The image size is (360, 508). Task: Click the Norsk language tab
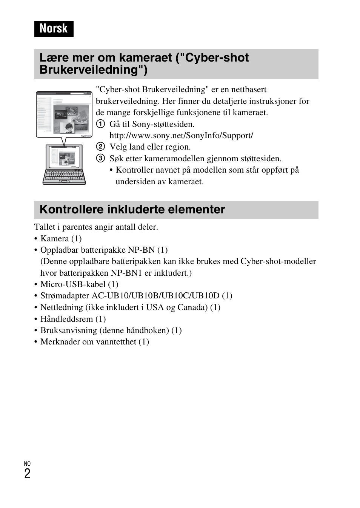(54, 29)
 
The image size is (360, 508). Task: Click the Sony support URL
(181, 136)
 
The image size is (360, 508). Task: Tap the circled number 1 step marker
(100, 124)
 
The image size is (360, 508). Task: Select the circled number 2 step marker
(100, 147)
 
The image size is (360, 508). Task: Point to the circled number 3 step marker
(100, 158)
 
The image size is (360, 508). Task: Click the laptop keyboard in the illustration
(64, 176)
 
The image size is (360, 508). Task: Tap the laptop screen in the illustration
(64, 157)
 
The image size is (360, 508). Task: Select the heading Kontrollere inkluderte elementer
(132, 210)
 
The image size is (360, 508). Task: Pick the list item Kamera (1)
(61, 239)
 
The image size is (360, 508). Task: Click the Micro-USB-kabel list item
(79, 284)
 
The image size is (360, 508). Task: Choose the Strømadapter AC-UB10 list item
(136, 296)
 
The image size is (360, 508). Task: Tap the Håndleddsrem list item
(73, 319)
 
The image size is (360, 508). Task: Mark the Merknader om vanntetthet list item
(94, 342)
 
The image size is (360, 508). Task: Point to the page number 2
(27, 474)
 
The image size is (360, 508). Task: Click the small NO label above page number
(27, 463)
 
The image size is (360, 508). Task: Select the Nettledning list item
(130, 307)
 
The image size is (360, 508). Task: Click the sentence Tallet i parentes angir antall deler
(96, 227)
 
